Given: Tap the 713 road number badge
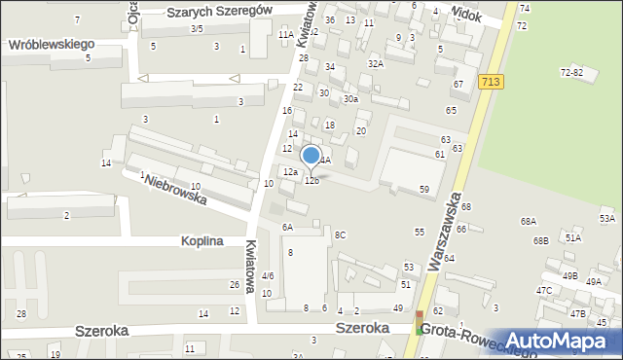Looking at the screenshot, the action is [x=490, y=84].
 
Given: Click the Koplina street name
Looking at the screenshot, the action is [x=202, y=240].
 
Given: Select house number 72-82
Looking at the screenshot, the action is [x=571, y=73].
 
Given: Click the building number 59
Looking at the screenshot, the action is [x=424, y=189].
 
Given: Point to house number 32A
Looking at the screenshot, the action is [x=375, y=63].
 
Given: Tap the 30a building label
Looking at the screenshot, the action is [x=350, y=98].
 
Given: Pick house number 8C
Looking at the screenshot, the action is [x=340, y=234].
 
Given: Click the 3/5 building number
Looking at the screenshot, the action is [x=197, y=29].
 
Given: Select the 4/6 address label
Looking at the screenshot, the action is [x=268, y=276].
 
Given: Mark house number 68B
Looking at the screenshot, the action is [x=541, y=239].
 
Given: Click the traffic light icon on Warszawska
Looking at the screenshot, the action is [x=421, y=322].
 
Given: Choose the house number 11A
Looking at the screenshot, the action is [x=285, y=34].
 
